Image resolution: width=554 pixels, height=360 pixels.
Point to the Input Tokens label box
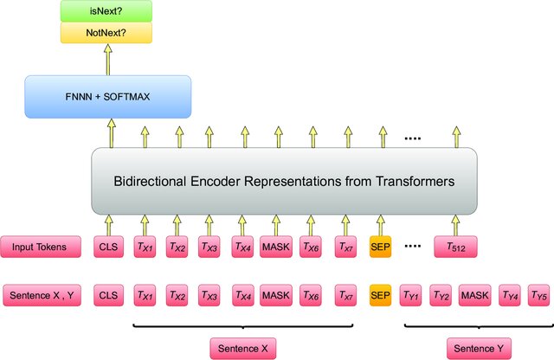click(42, 247)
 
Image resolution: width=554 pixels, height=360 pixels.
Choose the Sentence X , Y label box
click(42, 294)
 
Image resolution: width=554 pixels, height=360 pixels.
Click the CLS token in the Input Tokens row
click(108, 247)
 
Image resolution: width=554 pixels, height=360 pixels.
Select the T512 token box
click(456, 247)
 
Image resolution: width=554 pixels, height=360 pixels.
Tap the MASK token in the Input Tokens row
click(277, 247)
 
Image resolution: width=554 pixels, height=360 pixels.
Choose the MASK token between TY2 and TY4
click(474, 294)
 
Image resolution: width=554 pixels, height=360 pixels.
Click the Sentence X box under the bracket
click(243, 348)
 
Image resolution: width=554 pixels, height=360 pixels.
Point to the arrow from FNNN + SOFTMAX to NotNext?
click(108, 60)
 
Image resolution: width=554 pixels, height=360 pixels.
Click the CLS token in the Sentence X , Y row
click(108, 294)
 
